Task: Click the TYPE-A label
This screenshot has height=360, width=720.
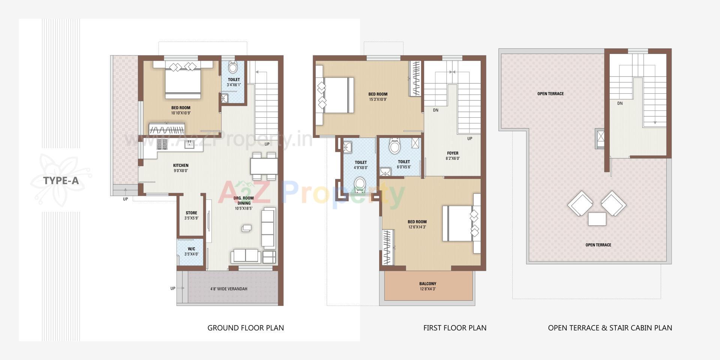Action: pos(61,181)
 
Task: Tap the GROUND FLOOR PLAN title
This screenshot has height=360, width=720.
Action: pos(246,328)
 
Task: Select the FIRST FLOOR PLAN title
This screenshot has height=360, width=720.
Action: pos(455,328)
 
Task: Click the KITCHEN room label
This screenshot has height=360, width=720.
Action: pos(181,165)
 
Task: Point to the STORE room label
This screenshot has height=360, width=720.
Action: pos(191,213)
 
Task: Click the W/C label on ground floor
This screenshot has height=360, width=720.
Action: pos(191,249)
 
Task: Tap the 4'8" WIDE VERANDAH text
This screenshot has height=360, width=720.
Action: pos(228,289)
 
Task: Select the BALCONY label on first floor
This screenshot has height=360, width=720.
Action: pos(427,284)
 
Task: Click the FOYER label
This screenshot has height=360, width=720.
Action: pos(453,153)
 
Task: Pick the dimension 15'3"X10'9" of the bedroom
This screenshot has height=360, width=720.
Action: pos(378,100)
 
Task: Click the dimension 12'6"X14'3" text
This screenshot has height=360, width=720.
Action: pos(417,227)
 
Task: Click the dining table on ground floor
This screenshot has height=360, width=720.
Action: pos(264,166)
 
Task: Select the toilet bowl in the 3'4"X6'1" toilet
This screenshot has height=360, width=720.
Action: pos(233,67)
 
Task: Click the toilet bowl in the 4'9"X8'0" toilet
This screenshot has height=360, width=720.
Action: pos(360,184)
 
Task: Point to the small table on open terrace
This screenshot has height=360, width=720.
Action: pos(597,219)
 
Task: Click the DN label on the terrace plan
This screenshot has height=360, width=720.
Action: pos(620,103)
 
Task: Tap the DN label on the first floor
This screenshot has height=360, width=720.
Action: pos(435,110)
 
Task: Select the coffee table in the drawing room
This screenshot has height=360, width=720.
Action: pos(247,228)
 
